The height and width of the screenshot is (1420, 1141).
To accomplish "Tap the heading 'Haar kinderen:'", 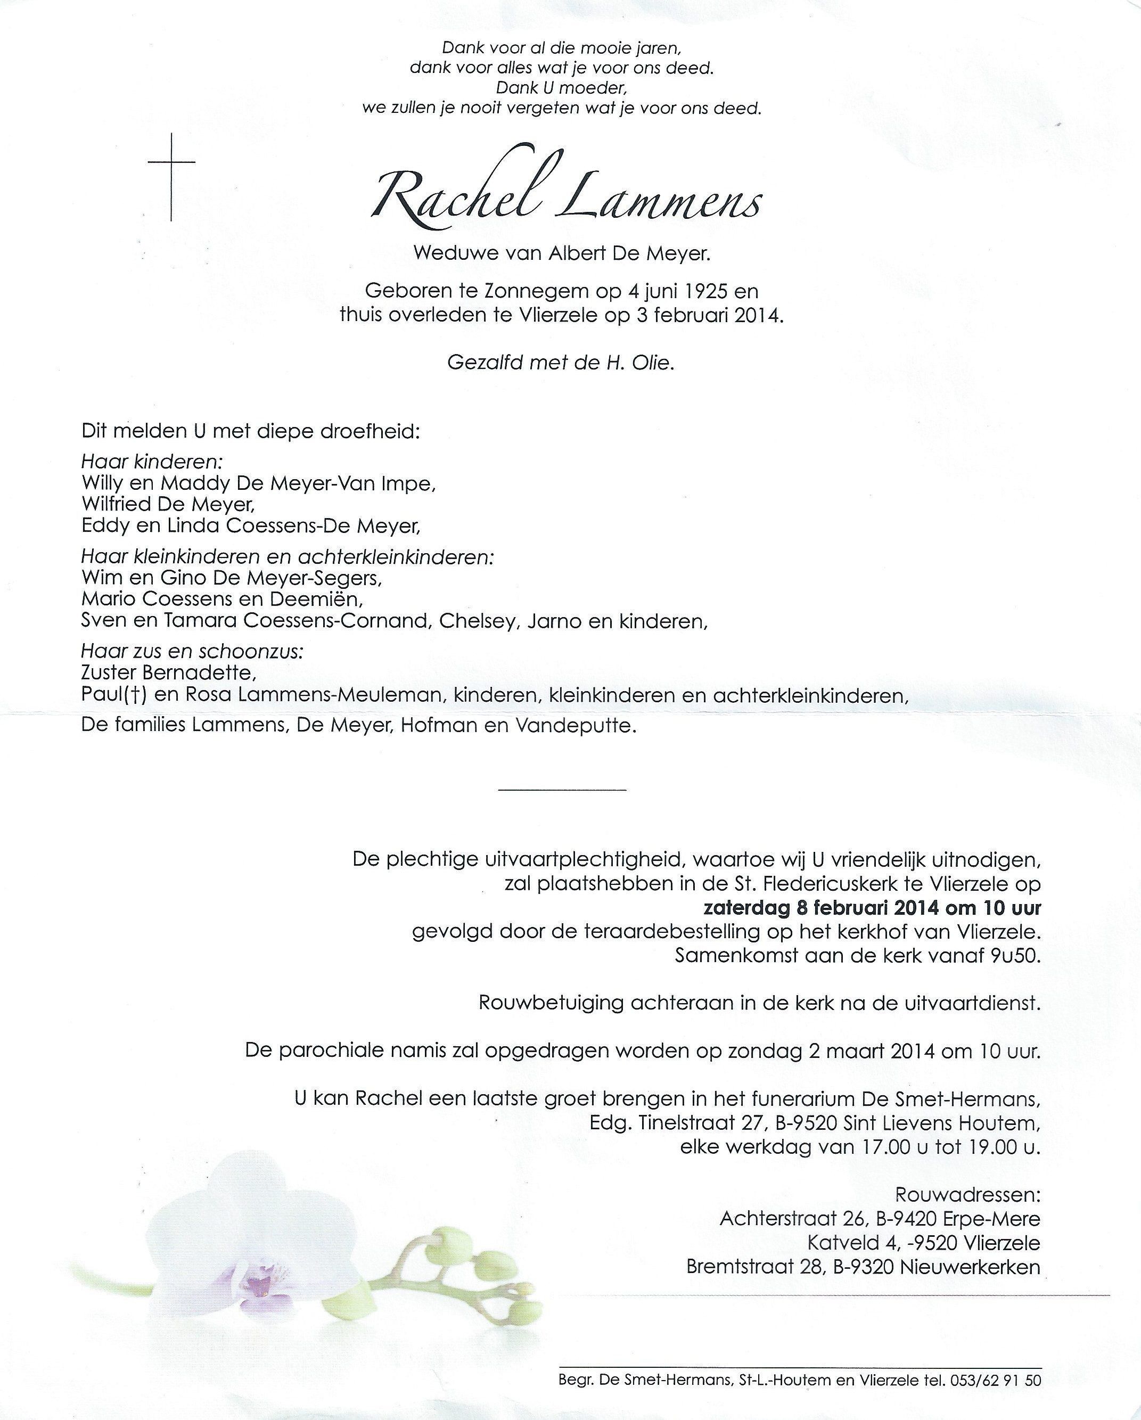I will pos(152,462).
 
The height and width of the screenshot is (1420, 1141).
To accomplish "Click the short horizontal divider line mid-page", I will pos(562,789).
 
